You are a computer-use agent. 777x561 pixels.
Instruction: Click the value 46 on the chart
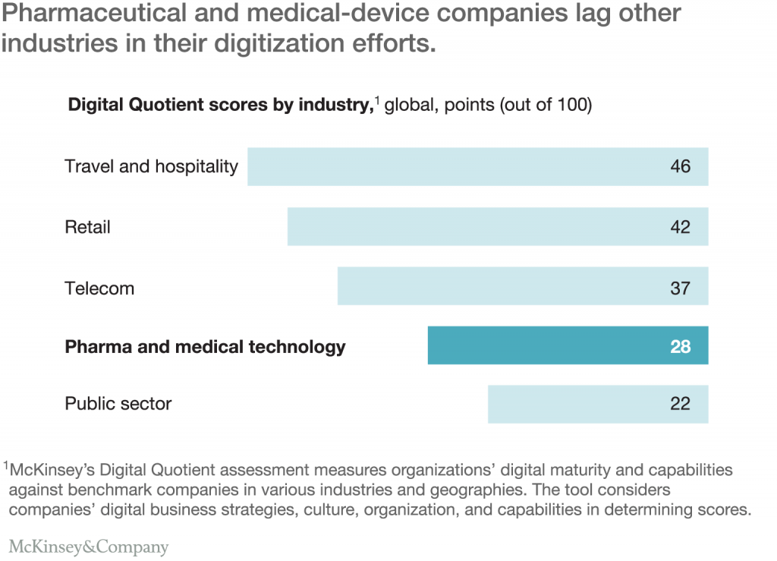pyautogui.click(x=680, y=166)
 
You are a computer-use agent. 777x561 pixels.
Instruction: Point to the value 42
pyautogui.click(x=680, y=226)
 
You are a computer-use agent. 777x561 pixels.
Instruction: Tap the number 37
pyautogui.click(x=680, y=288)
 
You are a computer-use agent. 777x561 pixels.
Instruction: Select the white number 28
pyautogui.click(x=680, y=346)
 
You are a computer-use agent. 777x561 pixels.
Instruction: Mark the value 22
pyautogui.click(x=680, y=404)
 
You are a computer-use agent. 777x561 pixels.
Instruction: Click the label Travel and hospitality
pyautogui.click(x=151, y=166)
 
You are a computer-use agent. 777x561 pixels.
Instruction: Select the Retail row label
pyautogui.click(x=87, y=227)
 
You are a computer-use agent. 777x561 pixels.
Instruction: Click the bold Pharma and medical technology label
pyautogui.click(x=205, y=347)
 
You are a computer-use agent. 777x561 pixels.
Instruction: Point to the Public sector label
pyautogui.click(x=118, y=404)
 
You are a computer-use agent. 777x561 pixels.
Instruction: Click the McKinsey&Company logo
pyautogui.click(x=89, y=546)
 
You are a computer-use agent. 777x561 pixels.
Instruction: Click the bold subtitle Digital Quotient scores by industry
pyautogui.click(x=219, y=105)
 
